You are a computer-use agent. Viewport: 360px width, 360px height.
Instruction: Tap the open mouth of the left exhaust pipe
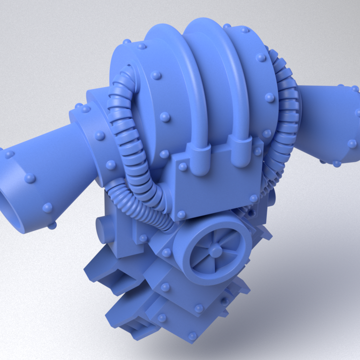[11, 200]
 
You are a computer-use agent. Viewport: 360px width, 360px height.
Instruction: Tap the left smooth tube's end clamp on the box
[201, 159]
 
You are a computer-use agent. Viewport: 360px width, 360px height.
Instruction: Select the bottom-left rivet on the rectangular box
[181, 214]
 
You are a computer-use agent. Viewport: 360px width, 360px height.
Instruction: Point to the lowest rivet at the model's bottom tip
[192, 336]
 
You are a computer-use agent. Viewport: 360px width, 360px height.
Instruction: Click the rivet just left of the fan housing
[166, 253]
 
